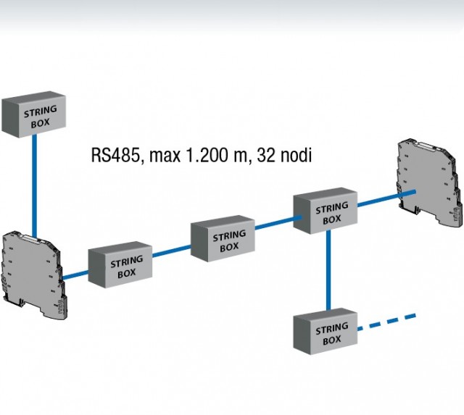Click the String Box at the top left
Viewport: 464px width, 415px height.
pyautogui.click(x=34, y=117)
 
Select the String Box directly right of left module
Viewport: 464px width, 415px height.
pyautogui.click(x=121, y=265)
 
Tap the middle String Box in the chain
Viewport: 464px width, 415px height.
pyautogui.click(x=224, y=238)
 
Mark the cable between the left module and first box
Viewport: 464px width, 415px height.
pyautogui.click(x=76, y=274)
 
